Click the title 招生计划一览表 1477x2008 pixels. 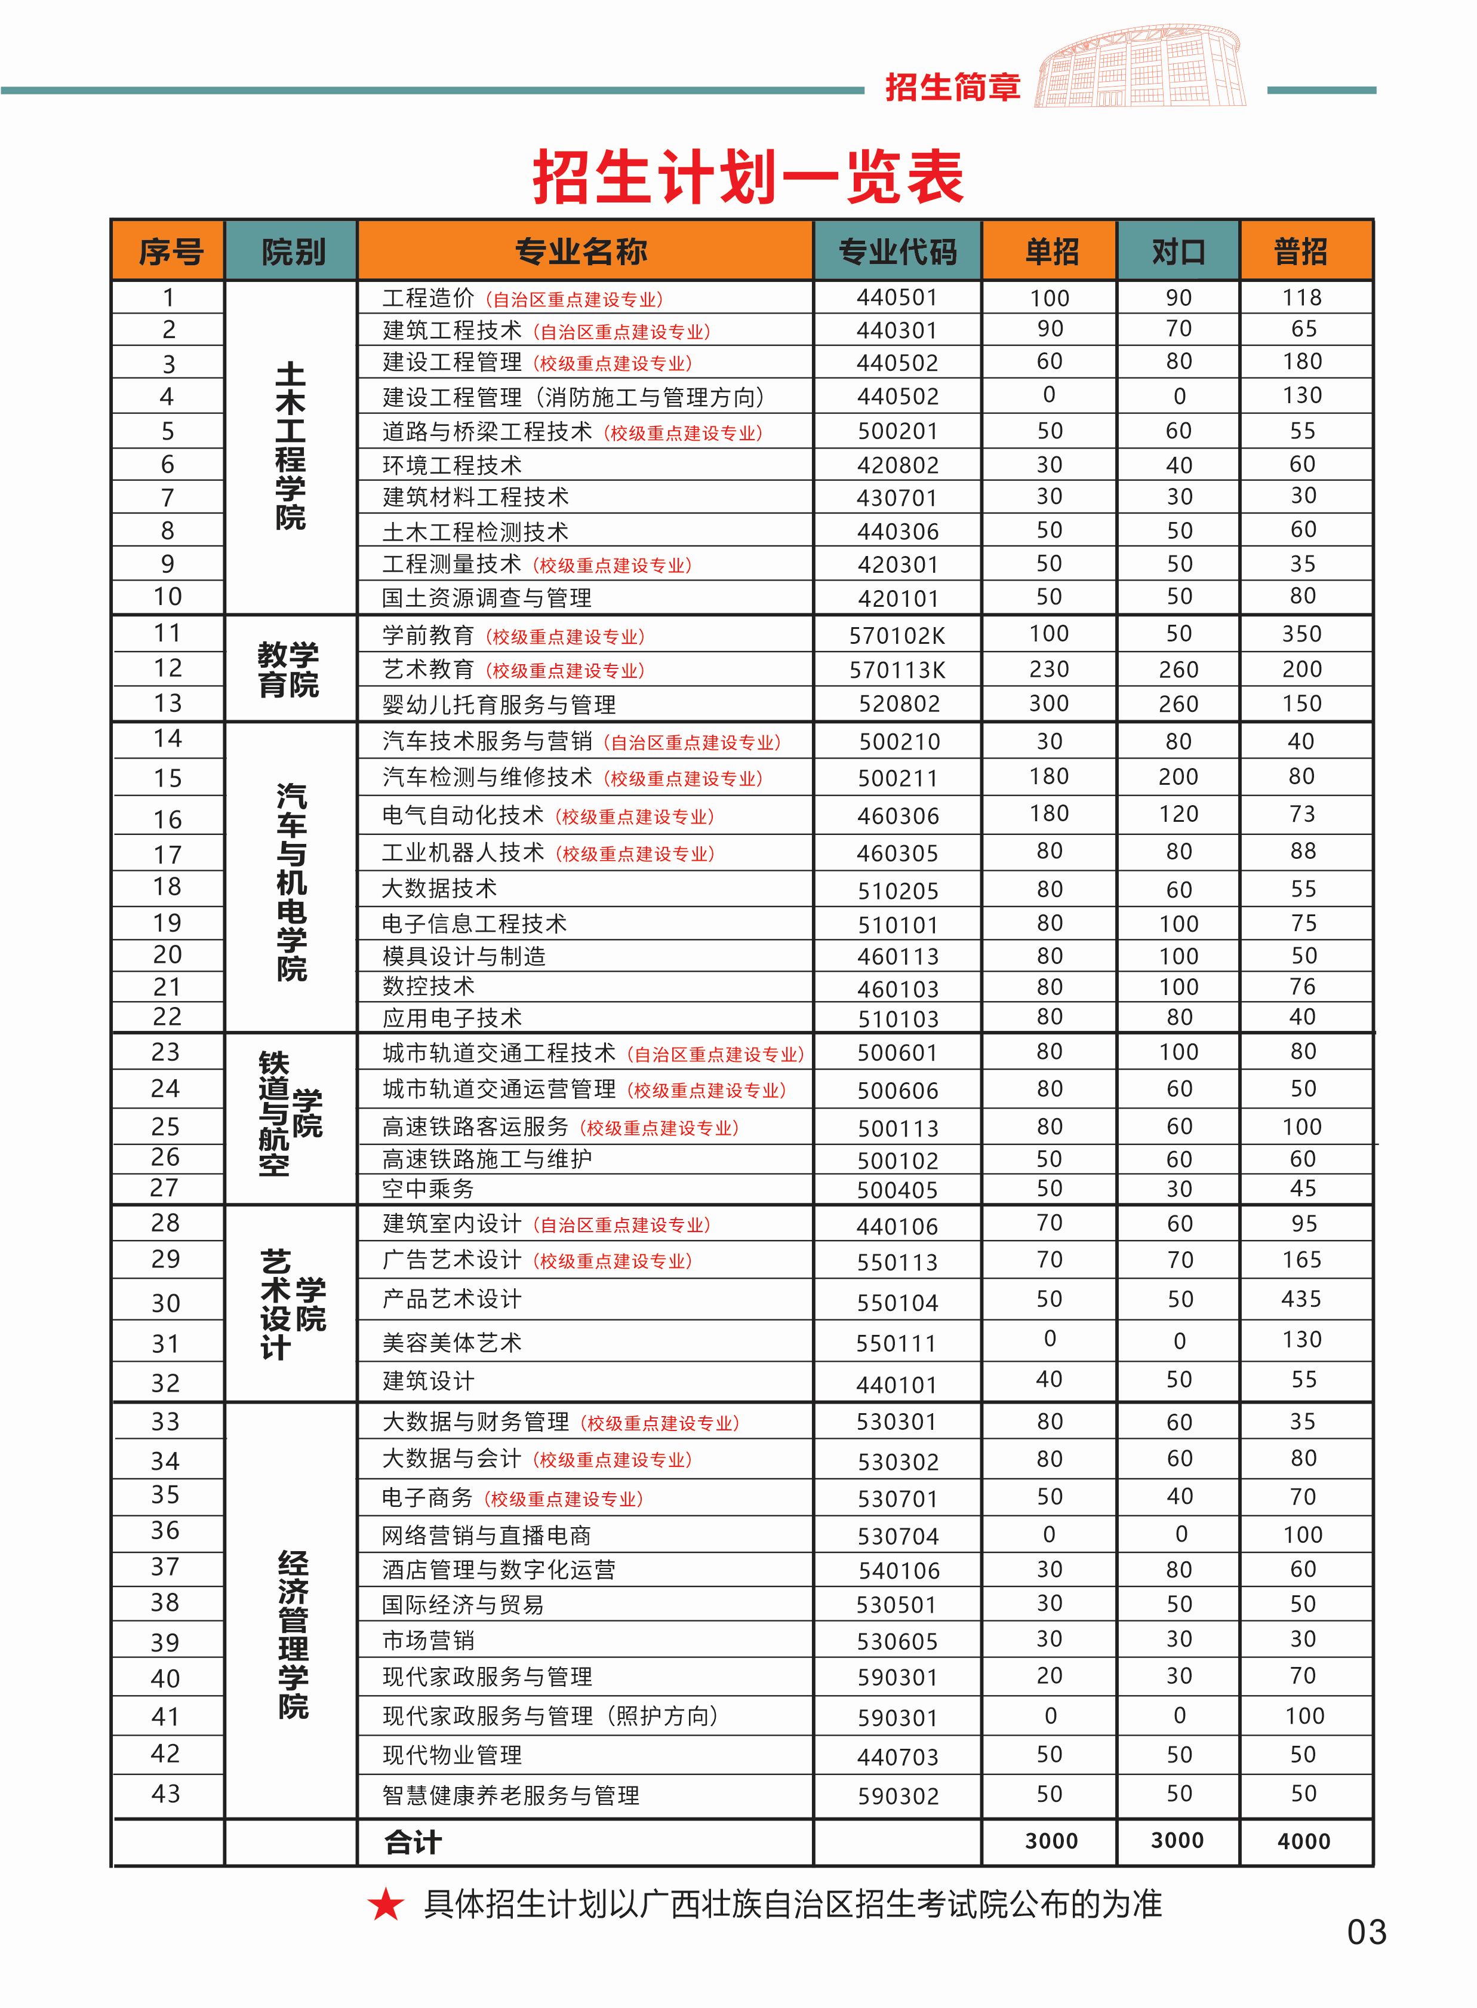[747, 176]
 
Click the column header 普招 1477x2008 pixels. [1301, 252]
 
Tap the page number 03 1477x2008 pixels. [1366, 1933]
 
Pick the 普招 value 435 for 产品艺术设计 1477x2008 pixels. [1301, 1298]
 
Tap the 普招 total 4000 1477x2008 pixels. [1303, 1841]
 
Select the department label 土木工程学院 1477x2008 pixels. [291, 446]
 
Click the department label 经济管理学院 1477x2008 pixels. [293, 1635]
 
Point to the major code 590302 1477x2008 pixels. [898, 1796]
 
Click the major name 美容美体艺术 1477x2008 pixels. [451, 1343]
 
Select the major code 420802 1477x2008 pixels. [898, 465]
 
